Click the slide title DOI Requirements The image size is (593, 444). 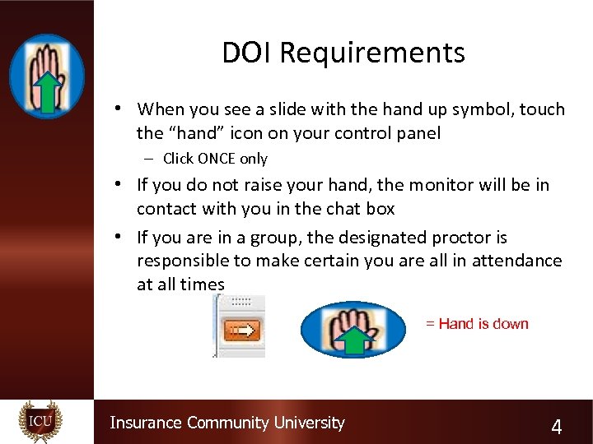(343, 53)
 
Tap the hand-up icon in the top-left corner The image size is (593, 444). (47, 76)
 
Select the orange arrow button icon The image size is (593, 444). (242, 330)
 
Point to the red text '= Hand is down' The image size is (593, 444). (477, 324)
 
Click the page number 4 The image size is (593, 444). (557, 427)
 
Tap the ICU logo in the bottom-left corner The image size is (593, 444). (40, 422)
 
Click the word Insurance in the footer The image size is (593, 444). (146, 423)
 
